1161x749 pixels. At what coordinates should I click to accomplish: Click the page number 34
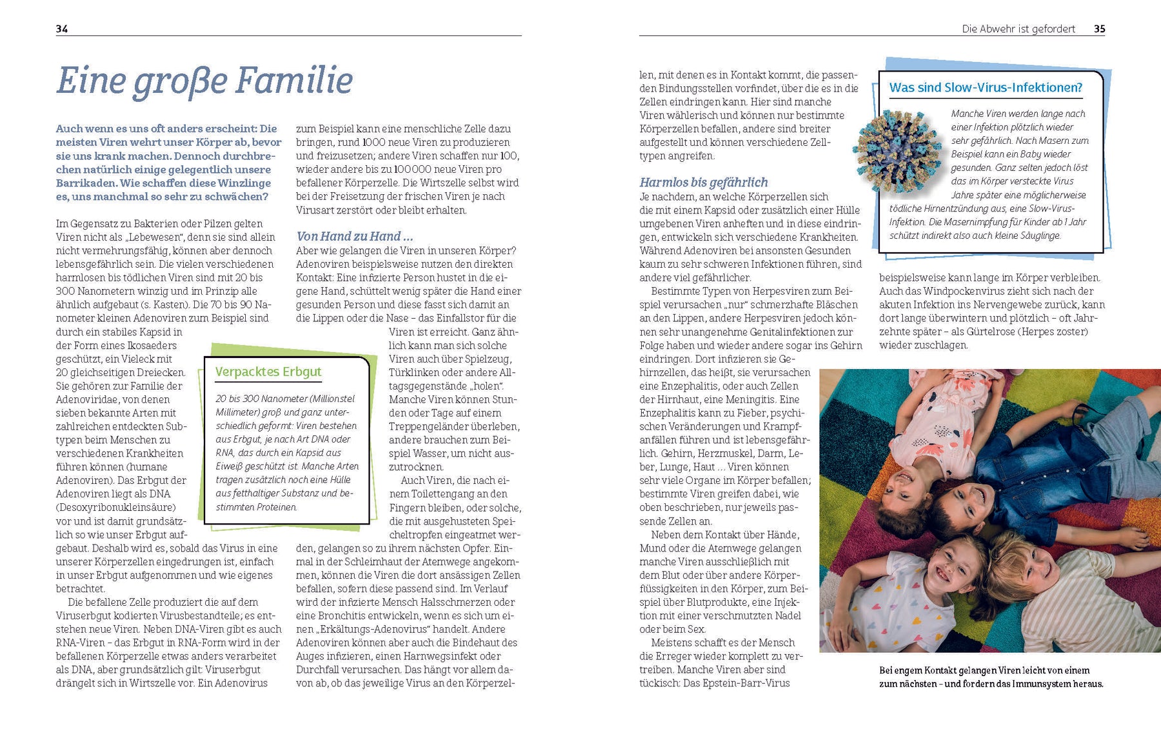point(62,28)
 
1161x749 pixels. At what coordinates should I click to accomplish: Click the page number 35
point(1099,28)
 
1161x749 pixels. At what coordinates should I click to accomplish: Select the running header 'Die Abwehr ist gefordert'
point(1018,28)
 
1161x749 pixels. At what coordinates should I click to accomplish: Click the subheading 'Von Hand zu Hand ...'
point(354,236)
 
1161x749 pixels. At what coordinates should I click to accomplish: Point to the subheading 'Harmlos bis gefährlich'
point(703,183)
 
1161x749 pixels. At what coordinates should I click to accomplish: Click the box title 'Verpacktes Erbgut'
point(268,372)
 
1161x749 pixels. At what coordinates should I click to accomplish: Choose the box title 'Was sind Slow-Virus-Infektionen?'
point(985,88)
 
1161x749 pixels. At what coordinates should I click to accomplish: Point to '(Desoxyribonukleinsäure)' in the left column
point(115,507)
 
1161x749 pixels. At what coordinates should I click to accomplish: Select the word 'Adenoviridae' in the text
point(89,399)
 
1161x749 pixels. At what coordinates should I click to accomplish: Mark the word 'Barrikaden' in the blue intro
point(86,183)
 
